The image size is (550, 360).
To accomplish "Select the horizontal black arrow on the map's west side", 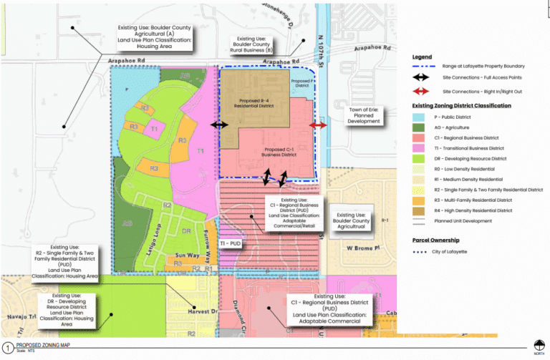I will click(218, 125).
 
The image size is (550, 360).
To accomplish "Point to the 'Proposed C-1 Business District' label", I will click(278, 152).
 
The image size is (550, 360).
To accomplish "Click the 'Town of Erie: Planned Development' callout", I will click(364, 115).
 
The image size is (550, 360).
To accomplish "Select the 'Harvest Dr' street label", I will click(203, 311).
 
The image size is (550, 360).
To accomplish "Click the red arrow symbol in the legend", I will click(425, 92).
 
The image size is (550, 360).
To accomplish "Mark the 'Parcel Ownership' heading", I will click(436, 240).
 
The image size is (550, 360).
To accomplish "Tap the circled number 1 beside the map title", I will click(6, 346).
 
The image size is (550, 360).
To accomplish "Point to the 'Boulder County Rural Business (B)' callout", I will click(251, 44).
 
